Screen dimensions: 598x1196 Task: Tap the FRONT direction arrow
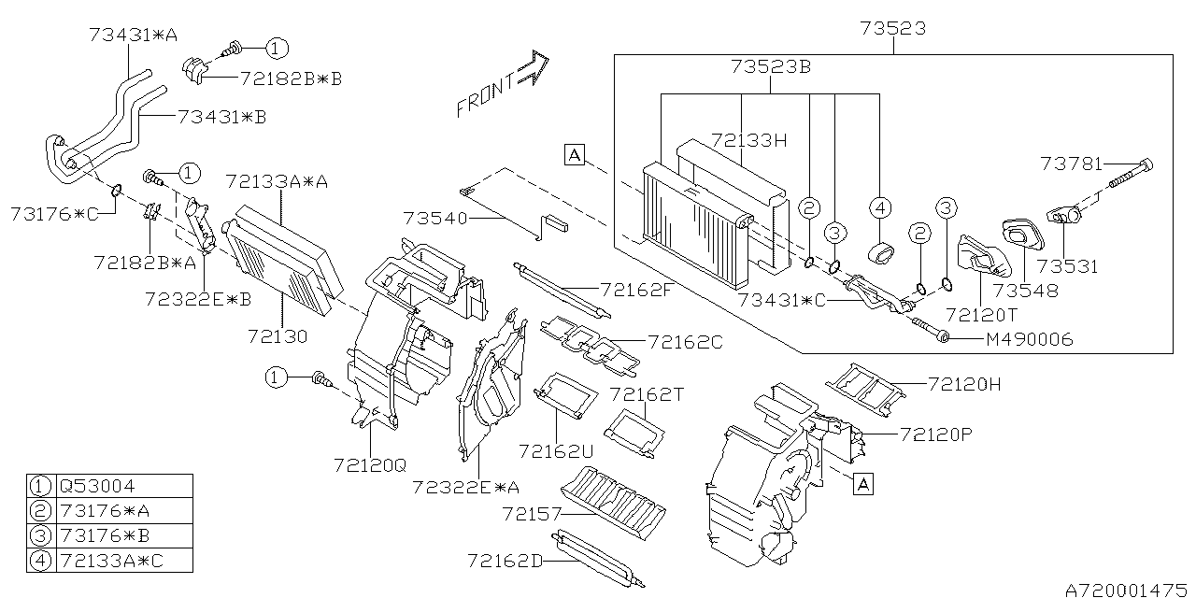click(x=503, y=85)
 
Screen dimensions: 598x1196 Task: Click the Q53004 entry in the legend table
click(x=96, y=487)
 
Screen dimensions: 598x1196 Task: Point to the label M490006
click(x=1029, y=339)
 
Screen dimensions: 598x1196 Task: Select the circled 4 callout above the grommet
click(x=880, y=206)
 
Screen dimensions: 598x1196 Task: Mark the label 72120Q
click(x=370, y=463)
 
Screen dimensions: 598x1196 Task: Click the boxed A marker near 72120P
click(x=863, y=483)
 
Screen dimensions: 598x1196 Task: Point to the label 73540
click(x=436, y=218)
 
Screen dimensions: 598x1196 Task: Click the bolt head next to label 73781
click(x=1147, y=165)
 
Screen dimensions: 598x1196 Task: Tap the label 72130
click(x=278, y=334)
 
